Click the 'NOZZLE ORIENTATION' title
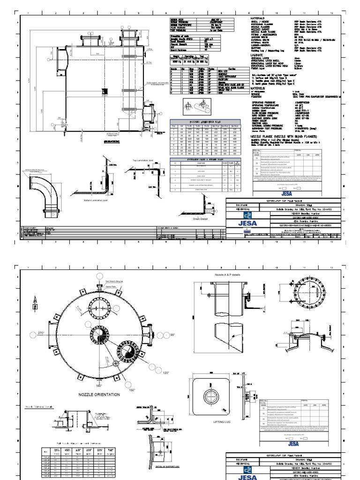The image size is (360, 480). point(99,395)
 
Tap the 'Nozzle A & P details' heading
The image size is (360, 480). point(226,273)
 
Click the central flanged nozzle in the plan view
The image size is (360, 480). point(128,351)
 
